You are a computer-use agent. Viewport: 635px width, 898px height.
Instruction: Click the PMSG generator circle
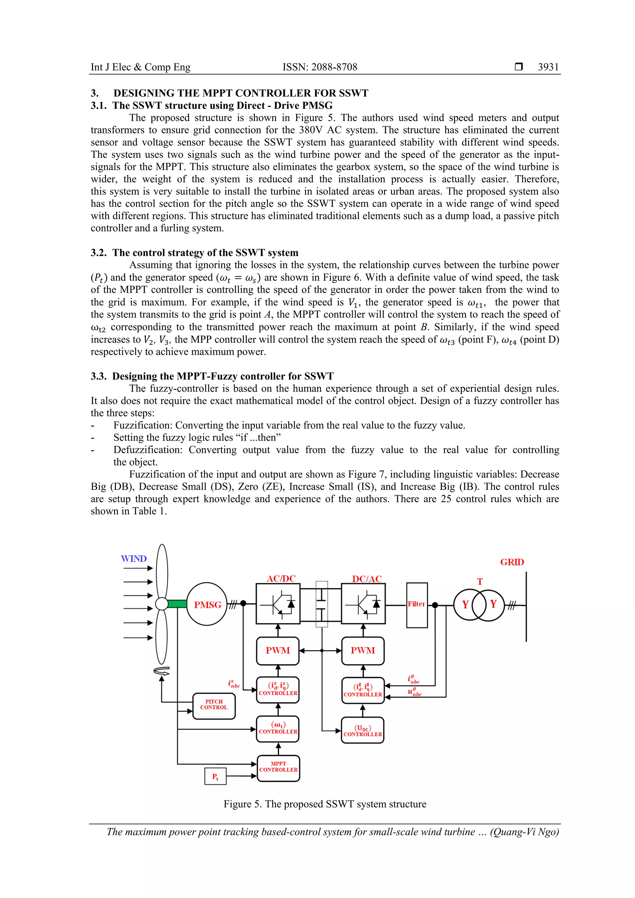207,604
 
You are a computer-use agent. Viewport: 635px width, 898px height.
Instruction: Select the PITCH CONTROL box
214,706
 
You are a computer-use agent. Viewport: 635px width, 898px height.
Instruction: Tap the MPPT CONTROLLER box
278,769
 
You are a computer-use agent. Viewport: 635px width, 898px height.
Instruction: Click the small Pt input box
215,776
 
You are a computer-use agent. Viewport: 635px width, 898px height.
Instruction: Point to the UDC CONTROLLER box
362,730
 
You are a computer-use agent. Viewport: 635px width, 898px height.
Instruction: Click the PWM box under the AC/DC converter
278,651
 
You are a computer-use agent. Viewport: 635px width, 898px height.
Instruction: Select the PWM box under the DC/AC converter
362,651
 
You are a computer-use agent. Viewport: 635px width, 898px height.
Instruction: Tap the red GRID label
512,562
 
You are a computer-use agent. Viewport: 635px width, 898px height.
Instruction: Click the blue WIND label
134,558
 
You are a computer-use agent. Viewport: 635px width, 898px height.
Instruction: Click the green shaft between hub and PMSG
177,604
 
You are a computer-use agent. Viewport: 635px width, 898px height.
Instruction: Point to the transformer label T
480,582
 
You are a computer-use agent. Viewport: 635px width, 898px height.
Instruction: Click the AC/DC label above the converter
281,578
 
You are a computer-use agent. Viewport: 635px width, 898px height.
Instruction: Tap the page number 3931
548,67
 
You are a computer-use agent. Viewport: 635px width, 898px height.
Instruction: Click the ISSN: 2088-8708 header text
320,67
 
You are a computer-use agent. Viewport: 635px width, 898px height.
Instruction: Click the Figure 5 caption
325,804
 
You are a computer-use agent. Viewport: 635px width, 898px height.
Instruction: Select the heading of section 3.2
194,253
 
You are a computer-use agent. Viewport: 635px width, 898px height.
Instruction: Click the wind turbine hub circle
162,604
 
